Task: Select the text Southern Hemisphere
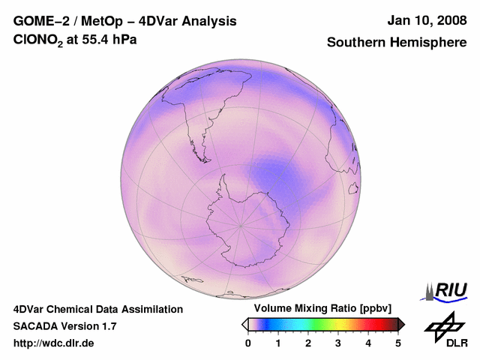point(396,43)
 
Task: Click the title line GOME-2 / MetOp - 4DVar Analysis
point(125,21)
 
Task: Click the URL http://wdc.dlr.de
point(54,343)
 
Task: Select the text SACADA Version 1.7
point(64,326)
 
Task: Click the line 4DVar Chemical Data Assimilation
point(97,309)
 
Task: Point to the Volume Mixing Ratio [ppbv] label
point(319,309)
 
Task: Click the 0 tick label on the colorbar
point(248,343)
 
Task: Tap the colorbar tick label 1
point(278,343)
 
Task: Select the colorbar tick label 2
point(308,343)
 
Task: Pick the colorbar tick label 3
point(338,343)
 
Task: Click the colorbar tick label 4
point(368,343)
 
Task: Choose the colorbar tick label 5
point(398,343)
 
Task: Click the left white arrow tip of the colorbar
point(244,324)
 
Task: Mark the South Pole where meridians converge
point(241,224)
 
